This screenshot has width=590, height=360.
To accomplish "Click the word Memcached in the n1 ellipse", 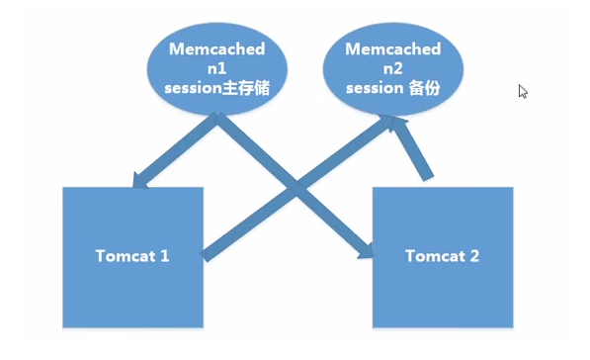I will [x=216, y=48].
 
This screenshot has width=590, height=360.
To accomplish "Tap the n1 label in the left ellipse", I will [x=216, y=68].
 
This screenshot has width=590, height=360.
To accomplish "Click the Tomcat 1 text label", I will [x=132, y=255].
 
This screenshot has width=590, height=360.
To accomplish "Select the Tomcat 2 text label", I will [x=443, y=255].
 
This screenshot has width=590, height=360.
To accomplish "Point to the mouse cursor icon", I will [x=523, y=91].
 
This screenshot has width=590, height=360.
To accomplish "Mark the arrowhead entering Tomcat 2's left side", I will [x=365, y=253].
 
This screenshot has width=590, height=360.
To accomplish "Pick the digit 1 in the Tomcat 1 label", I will [x=165, y=255].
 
